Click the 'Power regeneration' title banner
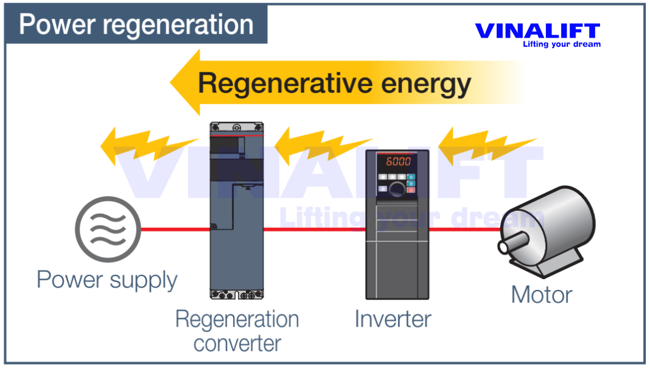(x=136, y=25)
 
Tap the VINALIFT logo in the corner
(x=537, y=31)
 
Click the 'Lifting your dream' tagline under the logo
(x=561, y=44)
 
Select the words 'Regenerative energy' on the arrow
(x=334, y=83)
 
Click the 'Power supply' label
(x=107, y=280)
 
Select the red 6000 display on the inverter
(x=396, y=161)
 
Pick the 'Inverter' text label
(x=393, y=319)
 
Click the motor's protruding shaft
(x=508, y=246)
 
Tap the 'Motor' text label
(x=541, y=295)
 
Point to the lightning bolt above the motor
(x=484, y=146)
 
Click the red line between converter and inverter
(x=314, y=230)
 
